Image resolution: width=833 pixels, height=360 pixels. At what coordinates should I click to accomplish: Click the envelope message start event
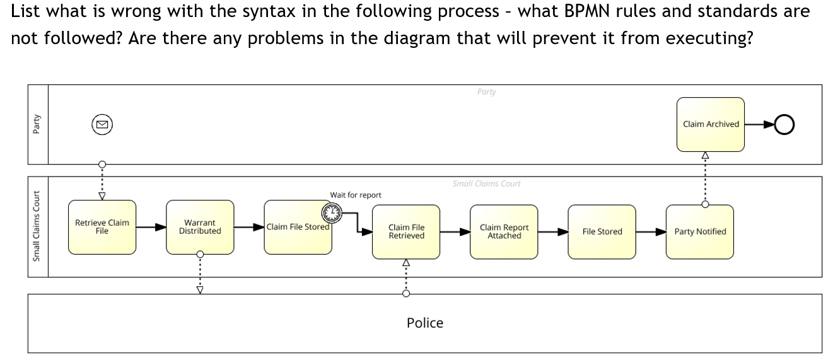(x=102, y=125)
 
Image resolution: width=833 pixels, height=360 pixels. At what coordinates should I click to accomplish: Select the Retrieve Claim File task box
(x=102, y=227)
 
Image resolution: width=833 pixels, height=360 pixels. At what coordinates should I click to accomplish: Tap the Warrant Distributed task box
(x=200, y=227)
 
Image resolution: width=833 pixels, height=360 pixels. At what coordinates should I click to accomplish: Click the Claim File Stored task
(x=296, y=228)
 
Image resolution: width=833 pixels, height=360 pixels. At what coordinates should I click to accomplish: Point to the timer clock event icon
(x=331, y=214)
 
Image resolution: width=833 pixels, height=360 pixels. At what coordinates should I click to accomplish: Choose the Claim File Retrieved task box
(x=406, y=231)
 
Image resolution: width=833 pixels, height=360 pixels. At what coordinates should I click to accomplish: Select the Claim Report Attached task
(x=504, y=231)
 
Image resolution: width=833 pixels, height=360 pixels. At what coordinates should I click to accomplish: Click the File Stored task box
(x=602, y=231)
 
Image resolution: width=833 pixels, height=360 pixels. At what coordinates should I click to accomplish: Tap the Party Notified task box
(x=700, y=231)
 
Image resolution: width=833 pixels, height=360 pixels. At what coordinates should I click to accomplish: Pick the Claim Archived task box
(x=711, y=124)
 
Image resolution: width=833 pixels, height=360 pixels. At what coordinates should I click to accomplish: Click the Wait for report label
(x=355, y=195)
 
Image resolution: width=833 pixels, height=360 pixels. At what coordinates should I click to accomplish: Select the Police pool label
(x=424, y=323)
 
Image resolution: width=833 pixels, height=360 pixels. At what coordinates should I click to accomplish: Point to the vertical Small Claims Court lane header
(x=37, y=226)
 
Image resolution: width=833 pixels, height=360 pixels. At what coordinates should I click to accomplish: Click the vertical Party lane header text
(x=37, y=124)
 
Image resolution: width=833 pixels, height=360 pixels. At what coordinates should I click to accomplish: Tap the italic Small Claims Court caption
(x=486, y=183)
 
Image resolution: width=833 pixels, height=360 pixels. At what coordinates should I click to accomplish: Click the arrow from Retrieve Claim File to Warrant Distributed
(x=151, y=227)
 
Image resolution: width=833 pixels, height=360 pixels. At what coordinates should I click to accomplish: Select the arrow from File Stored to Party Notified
(x=650, y=231)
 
